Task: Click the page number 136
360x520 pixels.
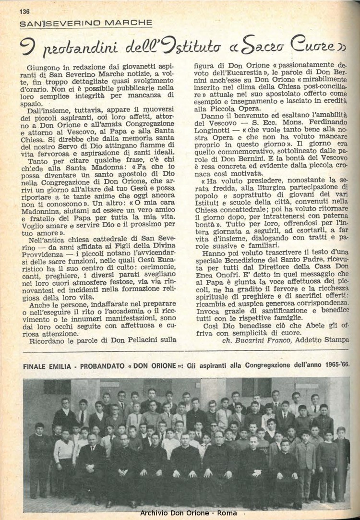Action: click(x=24, y=12)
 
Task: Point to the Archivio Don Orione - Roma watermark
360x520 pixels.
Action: click(x=188, y=513)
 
